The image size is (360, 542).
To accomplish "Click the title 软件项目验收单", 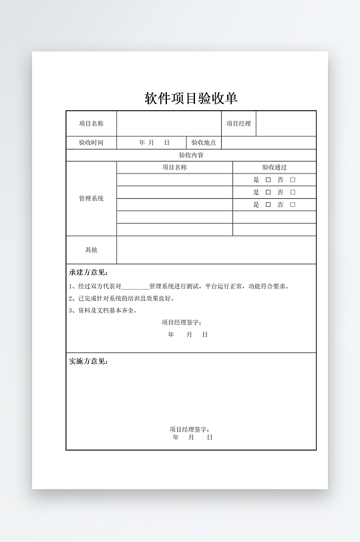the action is coord(191,98).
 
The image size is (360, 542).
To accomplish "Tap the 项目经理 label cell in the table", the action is coord(238,123).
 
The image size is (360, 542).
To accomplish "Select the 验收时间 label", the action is coord(91,143).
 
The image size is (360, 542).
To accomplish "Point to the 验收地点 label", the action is coord(204,143).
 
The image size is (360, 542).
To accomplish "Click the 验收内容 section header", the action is coord(191,155).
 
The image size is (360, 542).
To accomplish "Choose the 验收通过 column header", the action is coord(274,168).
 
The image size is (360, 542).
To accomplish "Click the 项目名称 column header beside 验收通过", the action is coord(174,168).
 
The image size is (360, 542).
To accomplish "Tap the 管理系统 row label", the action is coord(91,199).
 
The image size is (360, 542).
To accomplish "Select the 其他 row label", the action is coord(91,250).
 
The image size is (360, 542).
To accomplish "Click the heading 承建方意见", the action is coord(88,272).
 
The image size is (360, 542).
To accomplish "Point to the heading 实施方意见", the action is coord(88,361).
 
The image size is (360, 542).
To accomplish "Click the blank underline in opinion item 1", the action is coord(136,287).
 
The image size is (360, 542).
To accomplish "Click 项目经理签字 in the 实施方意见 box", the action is coord(190,429).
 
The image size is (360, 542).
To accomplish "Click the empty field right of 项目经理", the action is coord(286,123).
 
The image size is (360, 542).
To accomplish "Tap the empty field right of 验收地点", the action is coord(268,143).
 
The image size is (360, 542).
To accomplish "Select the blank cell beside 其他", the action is coord(216,250).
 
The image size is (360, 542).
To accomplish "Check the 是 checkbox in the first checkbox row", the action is coord(268,180).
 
